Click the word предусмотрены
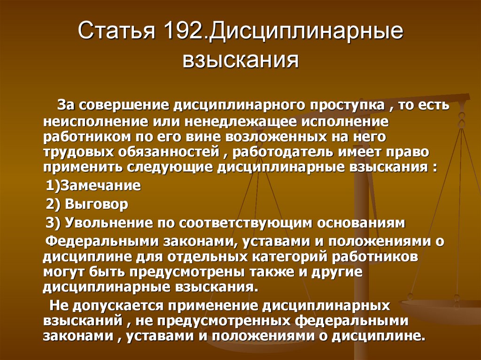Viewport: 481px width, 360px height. coord(188,272)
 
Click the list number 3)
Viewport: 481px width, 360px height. coord(54,223)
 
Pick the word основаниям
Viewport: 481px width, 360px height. coord(361,223)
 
